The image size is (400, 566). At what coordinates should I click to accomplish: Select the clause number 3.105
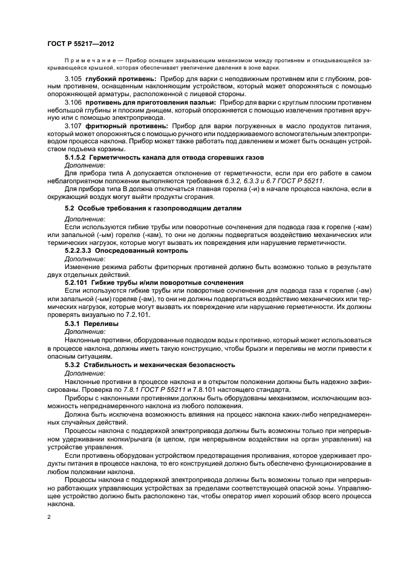[73, 79]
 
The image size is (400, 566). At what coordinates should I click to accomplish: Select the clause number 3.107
[73, 126]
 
